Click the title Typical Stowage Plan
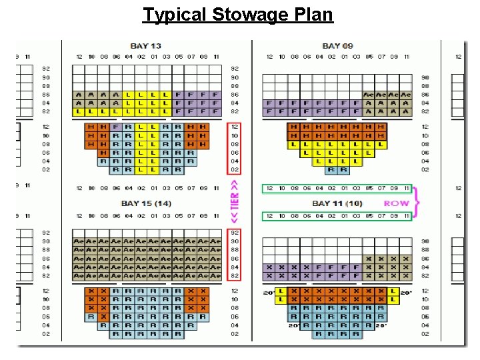tap(238, 14)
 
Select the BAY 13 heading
tap(145, 46)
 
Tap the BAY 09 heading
tap(337, 46)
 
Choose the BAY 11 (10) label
tap(337, 203)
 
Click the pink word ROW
tap(397, 203)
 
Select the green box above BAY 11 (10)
tap(337, 189)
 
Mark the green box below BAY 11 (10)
tap(337, 216)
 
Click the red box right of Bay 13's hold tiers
tap(235, 148)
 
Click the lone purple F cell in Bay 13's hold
tap(116, 127)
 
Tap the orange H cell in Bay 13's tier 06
tap(103, 153)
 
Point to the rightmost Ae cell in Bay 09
tap(405, 95)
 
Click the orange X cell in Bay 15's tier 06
tap(103, 317)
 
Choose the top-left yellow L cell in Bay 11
tap(281, 291)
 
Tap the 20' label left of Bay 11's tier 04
tap(293, 325)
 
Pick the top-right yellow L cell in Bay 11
tap(393, 291)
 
